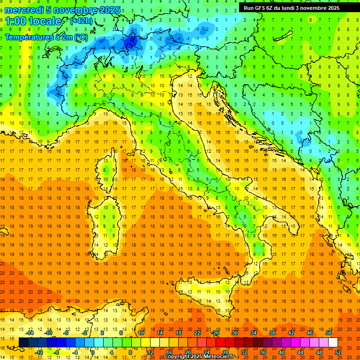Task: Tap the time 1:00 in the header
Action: coord(17,21)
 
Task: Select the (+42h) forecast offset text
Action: coord(81,21)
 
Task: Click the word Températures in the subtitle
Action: coord(28,37)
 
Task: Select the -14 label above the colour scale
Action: coord(30,332)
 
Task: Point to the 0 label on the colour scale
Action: coord(93,352)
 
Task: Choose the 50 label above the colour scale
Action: coord(328,332)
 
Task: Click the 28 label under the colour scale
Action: coord(225,352)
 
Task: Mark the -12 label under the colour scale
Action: coord(39,352)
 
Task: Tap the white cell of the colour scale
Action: coord(333,342)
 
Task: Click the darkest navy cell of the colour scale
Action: coord(24,342)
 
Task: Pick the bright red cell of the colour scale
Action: coord(220,342)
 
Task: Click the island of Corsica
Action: coord(108,169)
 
